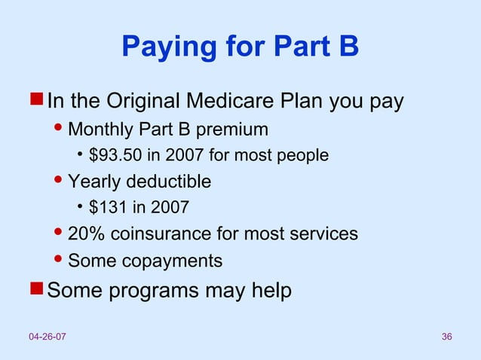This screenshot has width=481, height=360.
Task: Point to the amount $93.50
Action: tap(114, 156)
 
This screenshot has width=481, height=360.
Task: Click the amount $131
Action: tap(105, 207)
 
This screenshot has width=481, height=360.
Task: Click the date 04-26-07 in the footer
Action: tap(47, 335)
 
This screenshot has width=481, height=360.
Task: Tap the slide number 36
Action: tap(446, 335)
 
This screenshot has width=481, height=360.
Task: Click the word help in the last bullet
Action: tap(270, 291)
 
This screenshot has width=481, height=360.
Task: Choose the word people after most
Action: tap(305, 156)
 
